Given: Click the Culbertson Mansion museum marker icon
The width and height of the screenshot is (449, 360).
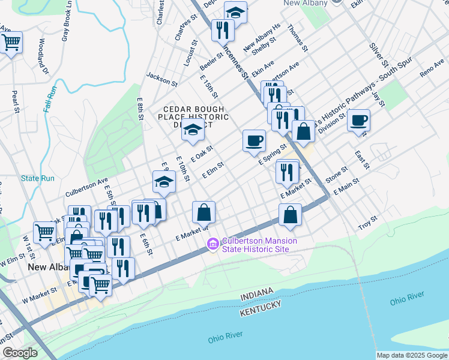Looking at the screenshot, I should pos(212,244).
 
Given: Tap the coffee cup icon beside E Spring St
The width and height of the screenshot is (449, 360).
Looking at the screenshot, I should pos(254,140).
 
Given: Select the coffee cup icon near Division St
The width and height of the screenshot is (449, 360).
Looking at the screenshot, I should pos(358,120).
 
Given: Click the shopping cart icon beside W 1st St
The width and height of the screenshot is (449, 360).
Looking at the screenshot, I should pos(45,232).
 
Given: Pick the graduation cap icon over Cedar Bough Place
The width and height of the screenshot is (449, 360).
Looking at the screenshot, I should pos(193,128).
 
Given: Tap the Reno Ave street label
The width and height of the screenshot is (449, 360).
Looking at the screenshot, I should pos(432,68).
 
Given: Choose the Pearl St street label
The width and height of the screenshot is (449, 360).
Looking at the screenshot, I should pos(15,101).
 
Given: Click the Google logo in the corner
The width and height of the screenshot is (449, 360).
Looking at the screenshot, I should pos(20,353).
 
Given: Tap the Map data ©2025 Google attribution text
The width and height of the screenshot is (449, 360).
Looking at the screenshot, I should pos(412,355).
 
